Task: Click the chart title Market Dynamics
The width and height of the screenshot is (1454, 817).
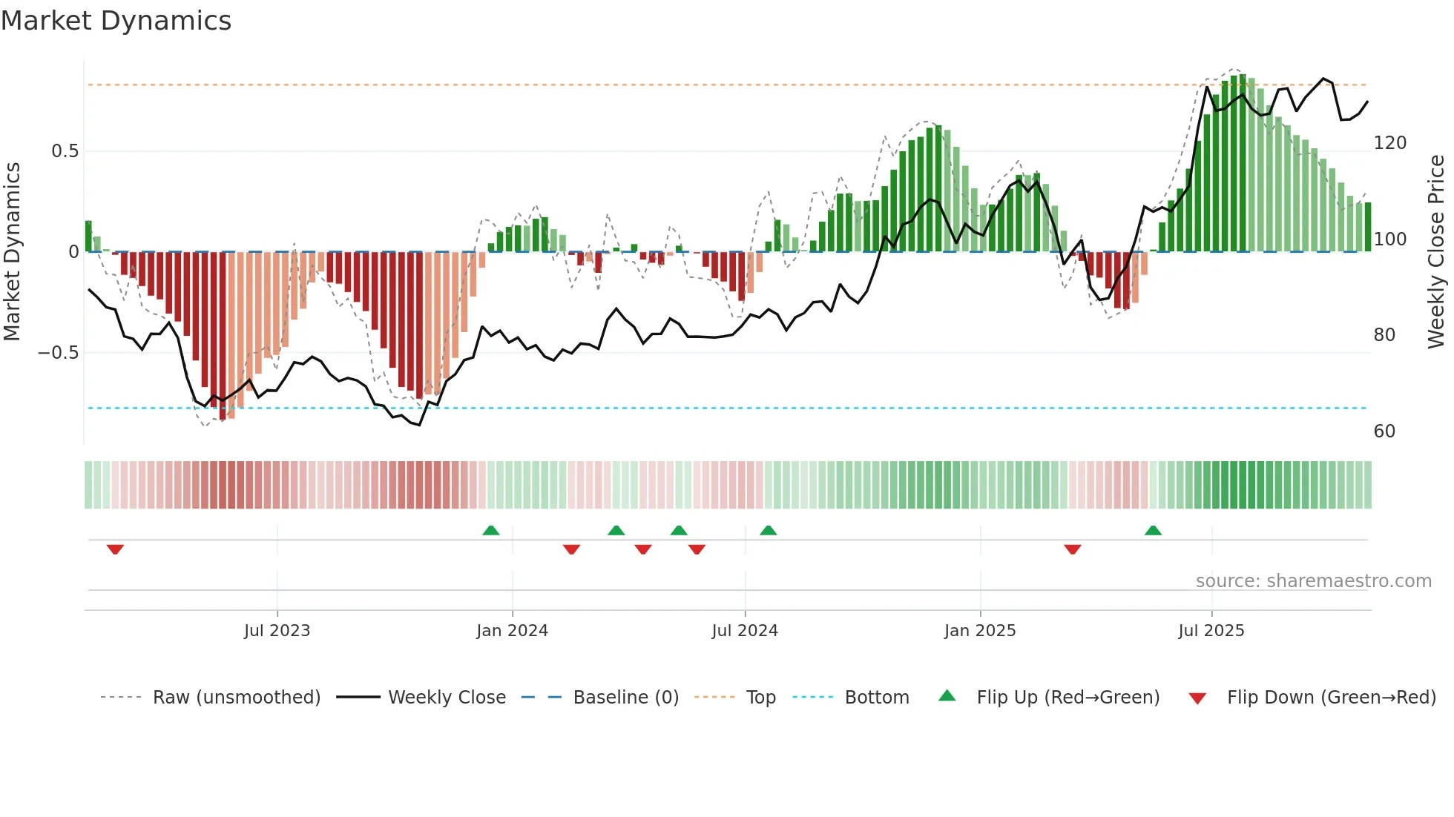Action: pos(116,21)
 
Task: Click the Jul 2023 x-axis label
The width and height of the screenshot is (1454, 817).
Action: pos(277,631)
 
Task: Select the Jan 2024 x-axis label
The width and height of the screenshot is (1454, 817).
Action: pos(512,631)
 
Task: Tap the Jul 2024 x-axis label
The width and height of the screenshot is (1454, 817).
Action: pos(745,631)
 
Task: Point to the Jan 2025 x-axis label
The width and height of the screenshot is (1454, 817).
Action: pos(980,631)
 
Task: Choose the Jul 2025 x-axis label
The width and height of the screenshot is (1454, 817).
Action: pos(1211,631)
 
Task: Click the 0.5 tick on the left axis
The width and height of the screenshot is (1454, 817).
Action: pos(65,151)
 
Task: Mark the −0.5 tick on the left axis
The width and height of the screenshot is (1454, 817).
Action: pos(59,353)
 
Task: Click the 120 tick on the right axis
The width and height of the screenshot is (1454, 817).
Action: pos(1389,143)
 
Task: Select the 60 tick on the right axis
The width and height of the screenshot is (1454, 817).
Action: pos(1384,431)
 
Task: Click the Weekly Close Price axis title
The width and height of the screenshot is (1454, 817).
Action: pos(1436,252)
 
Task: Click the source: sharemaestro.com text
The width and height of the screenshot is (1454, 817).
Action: pos(1313,581)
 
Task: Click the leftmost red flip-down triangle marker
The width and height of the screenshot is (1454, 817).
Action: pos(115,549)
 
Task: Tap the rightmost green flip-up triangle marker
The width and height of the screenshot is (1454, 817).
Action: pos(1153,530)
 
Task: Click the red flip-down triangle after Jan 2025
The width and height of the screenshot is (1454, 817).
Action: pos(1073,549)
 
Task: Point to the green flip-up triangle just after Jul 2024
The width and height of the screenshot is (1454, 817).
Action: pos(769,530)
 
